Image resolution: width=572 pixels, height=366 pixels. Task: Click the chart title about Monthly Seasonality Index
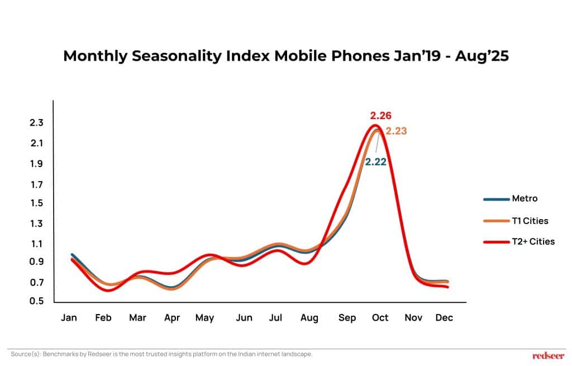tap(285, 56)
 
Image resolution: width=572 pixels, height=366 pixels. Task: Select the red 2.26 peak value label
tap(380, 116)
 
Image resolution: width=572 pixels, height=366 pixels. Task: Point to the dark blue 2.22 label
tap(375, 162)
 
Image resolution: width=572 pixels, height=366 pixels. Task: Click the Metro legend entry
tap(525, 198)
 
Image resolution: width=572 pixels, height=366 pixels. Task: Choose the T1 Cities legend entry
tap(530, 221)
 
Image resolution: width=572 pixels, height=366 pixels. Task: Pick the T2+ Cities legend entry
tap(533, 242)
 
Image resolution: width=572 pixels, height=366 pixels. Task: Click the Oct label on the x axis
tap(380, 318)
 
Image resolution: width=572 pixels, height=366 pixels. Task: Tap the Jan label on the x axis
tap(69, 318)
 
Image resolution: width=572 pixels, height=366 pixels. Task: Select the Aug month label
tap(309, 318)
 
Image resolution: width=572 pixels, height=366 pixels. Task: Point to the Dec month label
tap(445, 318)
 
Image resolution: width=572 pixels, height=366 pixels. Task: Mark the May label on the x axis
tap(204, 318)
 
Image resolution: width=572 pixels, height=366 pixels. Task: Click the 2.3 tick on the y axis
tap(37, 123)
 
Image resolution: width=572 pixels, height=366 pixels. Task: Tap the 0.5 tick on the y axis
tap(37, 301)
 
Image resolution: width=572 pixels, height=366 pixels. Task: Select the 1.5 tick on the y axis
tap(37, 203)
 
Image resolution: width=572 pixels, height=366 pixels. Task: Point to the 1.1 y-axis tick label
tap(37, 244)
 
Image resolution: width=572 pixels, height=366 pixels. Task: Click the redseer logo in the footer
tap(548, 355)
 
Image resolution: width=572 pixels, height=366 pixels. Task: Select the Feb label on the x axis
tap(103, 318)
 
